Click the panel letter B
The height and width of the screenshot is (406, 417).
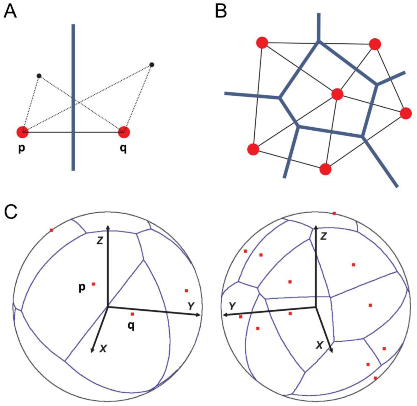click(221, 11)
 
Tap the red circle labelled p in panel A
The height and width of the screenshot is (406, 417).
click(23, 132)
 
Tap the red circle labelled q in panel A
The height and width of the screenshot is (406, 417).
click(124, 132)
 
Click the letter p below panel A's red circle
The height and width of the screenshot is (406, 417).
click(21, 148)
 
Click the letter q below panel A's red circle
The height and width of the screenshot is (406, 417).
click(124, 148)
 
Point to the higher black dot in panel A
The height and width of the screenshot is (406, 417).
click(152, 65)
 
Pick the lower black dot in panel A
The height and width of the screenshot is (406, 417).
click(39, 76)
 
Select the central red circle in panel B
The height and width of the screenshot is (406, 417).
click(337, 94)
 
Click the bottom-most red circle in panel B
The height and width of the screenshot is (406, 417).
click(326, 169)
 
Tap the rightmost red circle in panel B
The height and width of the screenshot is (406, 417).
click(406, 113)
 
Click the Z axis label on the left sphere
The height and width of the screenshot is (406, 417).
click(100, 241)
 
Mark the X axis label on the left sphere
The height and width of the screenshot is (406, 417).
click(103, 348)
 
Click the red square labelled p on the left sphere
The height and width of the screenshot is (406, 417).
click(93, 284)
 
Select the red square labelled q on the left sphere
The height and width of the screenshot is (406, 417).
click(132, 314)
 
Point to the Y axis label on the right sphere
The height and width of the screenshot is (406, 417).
click(232, 306)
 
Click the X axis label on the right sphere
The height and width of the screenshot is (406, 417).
click(319, 345)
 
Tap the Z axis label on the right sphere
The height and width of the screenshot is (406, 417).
click(323, 236)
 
